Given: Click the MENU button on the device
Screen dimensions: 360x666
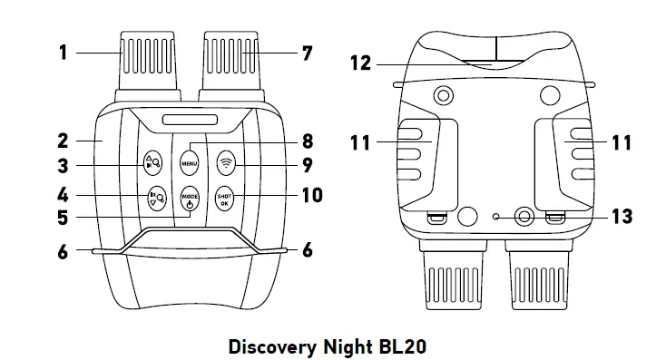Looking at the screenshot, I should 189,164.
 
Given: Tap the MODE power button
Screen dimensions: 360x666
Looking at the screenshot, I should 189,199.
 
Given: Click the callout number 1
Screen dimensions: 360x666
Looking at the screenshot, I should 64,53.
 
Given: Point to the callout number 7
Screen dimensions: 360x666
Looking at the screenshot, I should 308,53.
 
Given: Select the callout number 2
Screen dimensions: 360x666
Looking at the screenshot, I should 63,141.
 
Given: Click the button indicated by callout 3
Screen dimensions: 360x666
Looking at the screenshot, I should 152,164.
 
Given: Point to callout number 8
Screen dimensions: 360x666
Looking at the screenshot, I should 308,141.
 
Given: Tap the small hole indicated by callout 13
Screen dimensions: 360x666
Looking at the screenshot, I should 495,217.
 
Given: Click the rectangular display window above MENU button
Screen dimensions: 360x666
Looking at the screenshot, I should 190,120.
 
